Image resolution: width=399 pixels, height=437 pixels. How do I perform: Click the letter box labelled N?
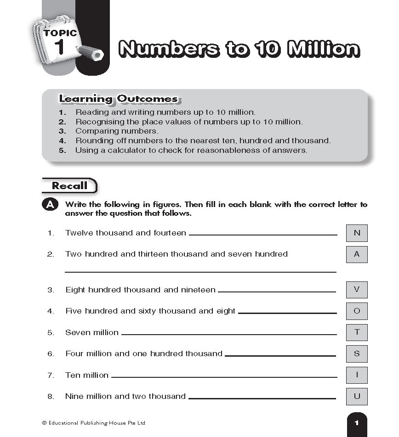(357, 233)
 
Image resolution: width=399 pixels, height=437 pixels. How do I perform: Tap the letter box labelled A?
(357, 254)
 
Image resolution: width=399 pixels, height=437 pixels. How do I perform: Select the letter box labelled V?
(357, 290)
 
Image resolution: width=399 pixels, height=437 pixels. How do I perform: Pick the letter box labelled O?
(357, 311)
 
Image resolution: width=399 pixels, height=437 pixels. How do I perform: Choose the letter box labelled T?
(357, 332)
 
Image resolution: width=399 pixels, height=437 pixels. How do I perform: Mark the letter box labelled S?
(357, 354)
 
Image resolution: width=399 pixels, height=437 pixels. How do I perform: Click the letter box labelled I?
(357, 375)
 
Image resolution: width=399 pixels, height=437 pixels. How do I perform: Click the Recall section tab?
(69, 186)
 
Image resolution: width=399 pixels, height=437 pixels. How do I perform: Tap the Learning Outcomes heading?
(118, 99)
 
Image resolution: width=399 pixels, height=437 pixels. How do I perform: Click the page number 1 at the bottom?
(357, 423)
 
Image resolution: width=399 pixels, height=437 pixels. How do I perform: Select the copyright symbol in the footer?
(44, 423)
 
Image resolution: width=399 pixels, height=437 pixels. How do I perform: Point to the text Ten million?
(87, 375)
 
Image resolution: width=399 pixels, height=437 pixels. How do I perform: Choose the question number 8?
(51, 397)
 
